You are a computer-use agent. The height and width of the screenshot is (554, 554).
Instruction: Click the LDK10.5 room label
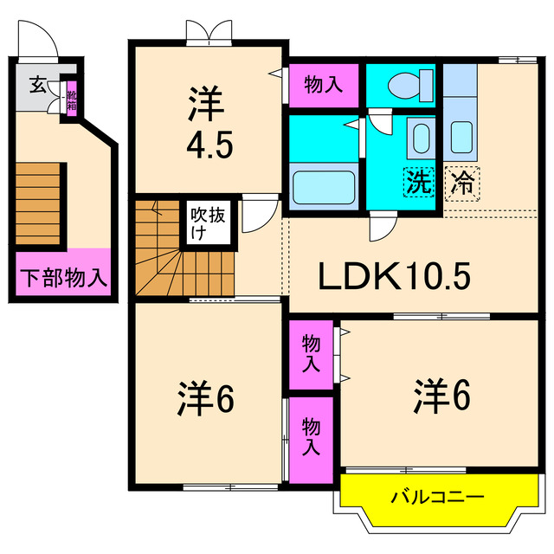click(395, 276)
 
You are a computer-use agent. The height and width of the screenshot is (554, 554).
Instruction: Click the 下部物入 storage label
click(62, 278)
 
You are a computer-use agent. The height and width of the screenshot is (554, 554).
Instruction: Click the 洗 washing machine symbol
click(419, 183)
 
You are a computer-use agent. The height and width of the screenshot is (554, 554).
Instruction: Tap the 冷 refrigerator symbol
click(462, 183)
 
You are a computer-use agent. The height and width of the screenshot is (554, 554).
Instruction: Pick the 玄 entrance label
click(38, 85)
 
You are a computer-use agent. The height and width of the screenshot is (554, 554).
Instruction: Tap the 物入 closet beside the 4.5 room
click(325, 84)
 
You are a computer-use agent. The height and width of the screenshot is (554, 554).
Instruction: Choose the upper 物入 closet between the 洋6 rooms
click(311, 355)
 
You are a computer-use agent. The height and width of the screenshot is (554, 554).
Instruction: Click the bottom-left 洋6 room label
click(206, 399)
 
